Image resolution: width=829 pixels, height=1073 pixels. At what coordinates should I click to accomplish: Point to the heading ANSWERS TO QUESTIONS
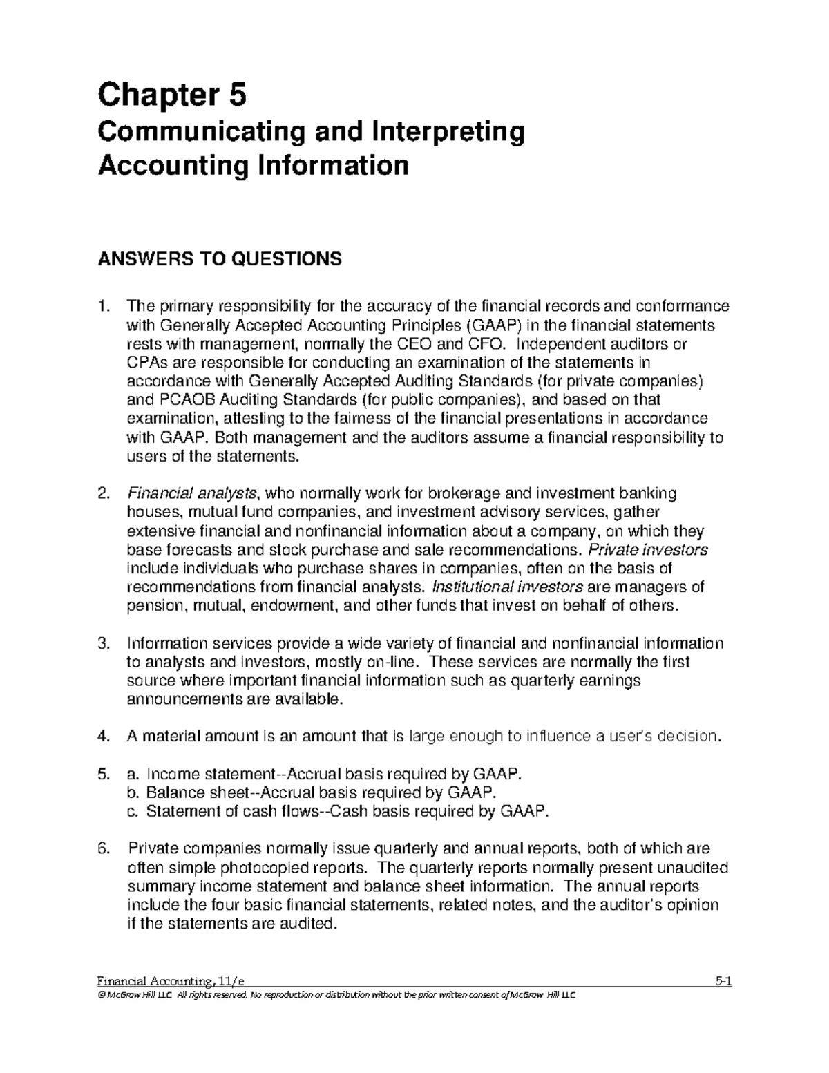click(x=220, y=259)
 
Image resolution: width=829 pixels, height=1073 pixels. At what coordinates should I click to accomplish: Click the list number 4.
click(x=104, y=737)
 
